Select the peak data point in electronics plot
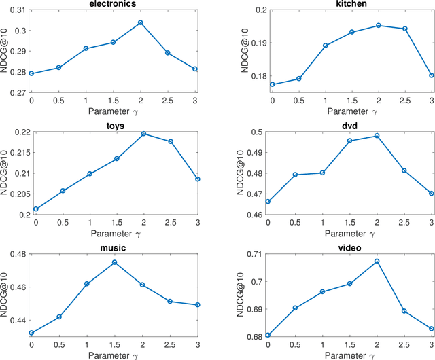click(140, 22)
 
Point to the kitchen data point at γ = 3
click(431, 75)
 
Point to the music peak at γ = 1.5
click(114, 262)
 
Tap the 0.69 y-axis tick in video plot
click(254, 309)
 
